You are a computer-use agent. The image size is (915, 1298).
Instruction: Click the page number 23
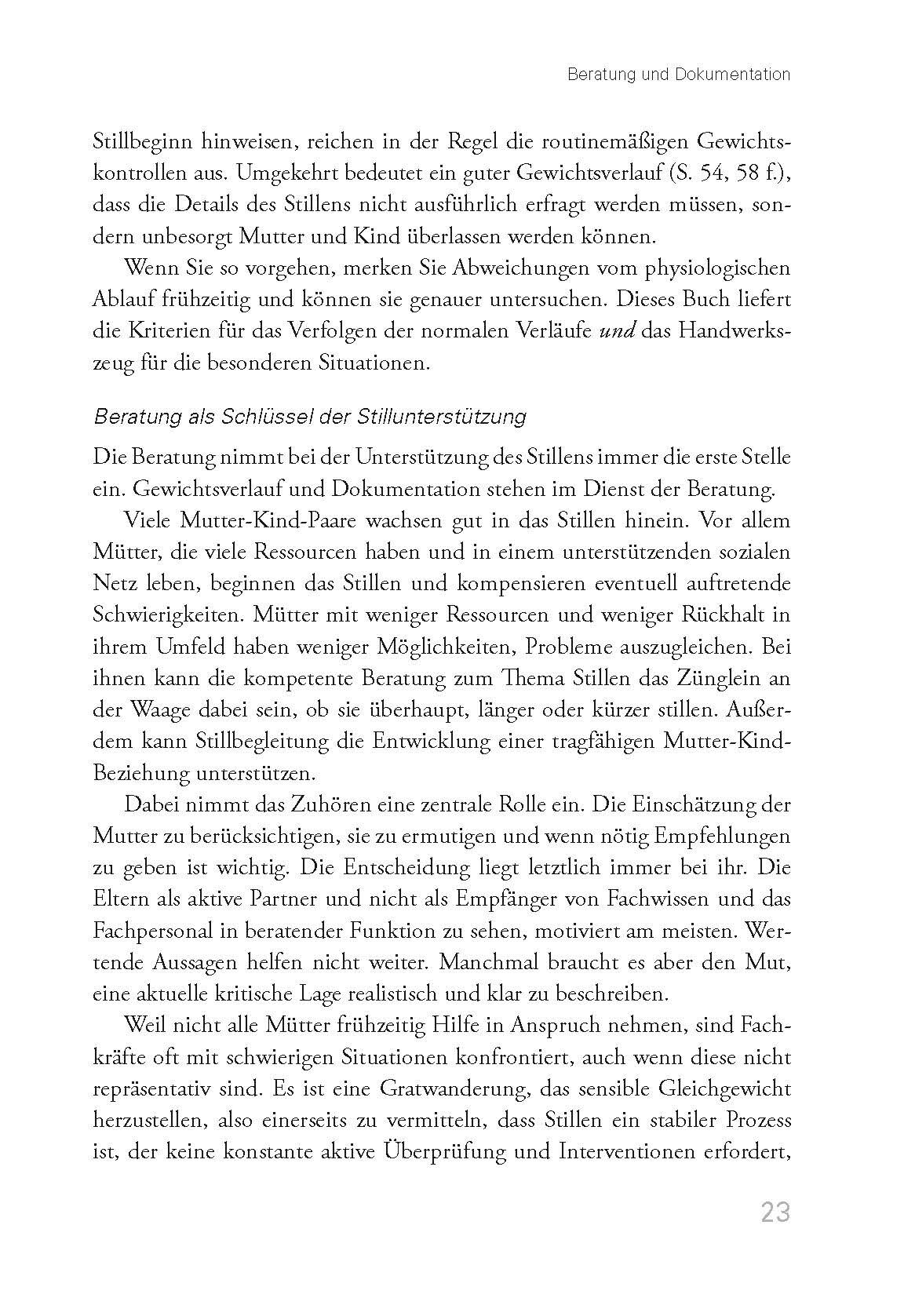(x=774, y=1212)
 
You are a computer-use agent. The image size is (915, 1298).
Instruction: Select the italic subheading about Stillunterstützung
(x=310, y=417)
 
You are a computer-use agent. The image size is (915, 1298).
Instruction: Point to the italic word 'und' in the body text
(x=617, y=332)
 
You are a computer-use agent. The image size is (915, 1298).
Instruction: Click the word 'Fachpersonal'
(x=153, y=932)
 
